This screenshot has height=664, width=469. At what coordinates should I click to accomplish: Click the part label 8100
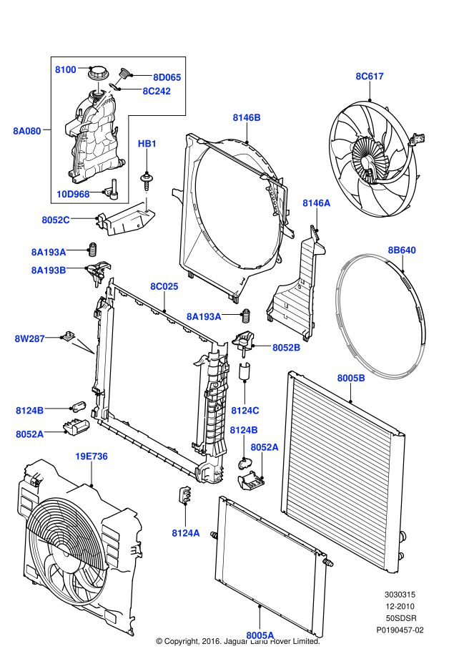tap(66, 69)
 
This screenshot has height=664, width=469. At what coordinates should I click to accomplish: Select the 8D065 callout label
tap(167, 77)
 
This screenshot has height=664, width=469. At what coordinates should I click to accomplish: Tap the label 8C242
tap(157, 91)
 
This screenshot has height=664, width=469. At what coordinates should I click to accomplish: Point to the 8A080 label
tap(27, 131)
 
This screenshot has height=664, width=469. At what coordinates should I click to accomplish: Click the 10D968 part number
tap(74, 194)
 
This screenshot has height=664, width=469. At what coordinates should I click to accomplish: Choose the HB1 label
tap(147, 144)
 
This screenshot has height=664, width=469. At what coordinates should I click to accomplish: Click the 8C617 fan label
tap(370, 76)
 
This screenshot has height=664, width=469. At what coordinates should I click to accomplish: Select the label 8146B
tap(247, 117)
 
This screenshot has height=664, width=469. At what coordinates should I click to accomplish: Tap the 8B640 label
tap(402, 250)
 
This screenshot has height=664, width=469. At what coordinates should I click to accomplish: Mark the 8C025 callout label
tap(164, 286)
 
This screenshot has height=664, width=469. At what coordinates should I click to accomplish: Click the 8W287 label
tap(29, 338)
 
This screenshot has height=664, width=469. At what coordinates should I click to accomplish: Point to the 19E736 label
tap(92, 456)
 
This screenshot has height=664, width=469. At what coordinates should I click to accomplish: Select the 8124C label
tap(245, 410)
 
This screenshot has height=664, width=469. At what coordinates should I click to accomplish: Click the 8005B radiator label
tap(351, 377)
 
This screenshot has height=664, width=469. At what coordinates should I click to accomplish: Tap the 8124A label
tap(186, 532)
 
